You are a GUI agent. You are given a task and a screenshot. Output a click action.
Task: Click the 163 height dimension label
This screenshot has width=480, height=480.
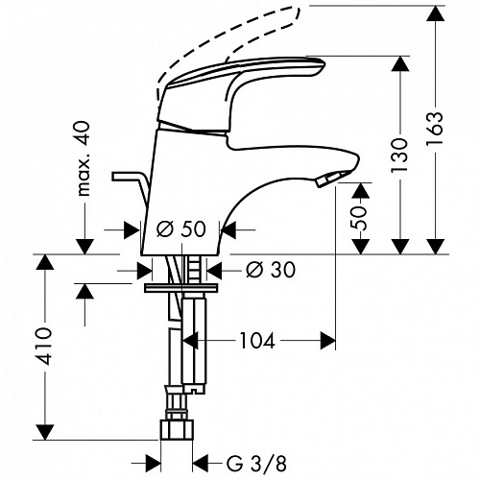coord(435,128)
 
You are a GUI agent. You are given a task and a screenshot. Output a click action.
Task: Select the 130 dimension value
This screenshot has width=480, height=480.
coord(400,156)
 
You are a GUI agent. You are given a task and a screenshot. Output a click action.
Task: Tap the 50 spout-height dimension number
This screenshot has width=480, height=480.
coord(359,218)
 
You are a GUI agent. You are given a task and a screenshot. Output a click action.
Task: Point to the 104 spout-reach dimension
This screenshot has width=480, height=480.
coord(257,341)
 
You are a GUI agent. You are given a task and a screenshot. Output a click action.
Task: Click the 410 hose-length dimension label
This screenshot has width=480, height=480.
coord(44,347)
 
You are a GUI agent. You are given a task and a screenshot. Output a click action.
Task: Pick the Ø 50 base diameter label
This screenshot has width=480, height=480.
coord(181,229)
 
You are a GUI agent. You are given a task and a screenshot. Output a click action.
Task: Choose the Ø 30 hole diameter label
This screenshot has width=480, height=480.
coord(271,270)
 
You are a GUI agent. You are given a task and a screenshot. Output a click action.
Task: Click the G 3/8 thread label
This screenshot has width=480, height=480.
coord(256,463)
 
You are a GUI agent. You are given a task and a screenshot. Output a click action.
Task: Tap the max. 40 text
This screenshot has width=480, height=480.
coord(84,158)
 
